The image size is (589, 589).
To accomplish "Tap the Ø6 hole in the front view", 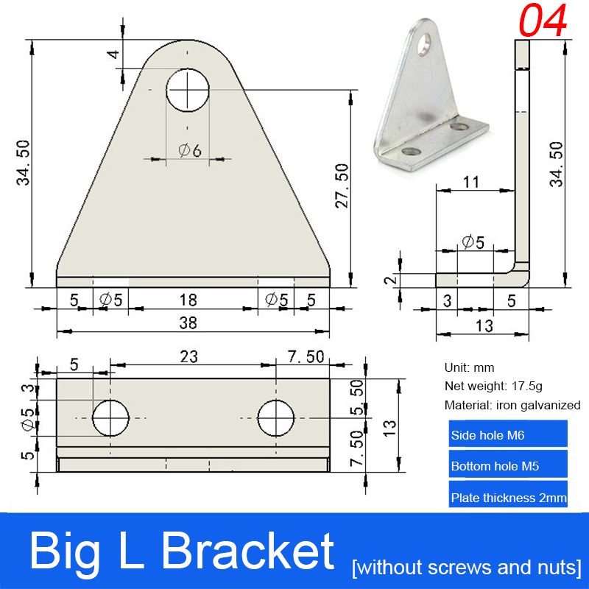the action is coord(188,90).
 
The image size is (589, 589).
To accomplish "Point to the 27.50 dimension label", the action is coord(342,186).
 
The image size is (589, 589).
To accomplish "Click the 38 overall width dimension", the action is coord(188,322).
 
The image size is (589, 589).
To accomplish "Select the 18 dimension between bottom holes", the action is coord(188,300).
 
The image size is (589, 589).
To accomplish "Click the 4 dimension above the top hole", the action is coord(113,54).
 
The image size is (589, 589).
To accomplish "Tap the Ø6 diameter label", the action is coord(190,151).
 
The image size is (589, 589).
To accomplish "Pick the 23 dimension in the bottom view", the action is coord(188,356).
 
